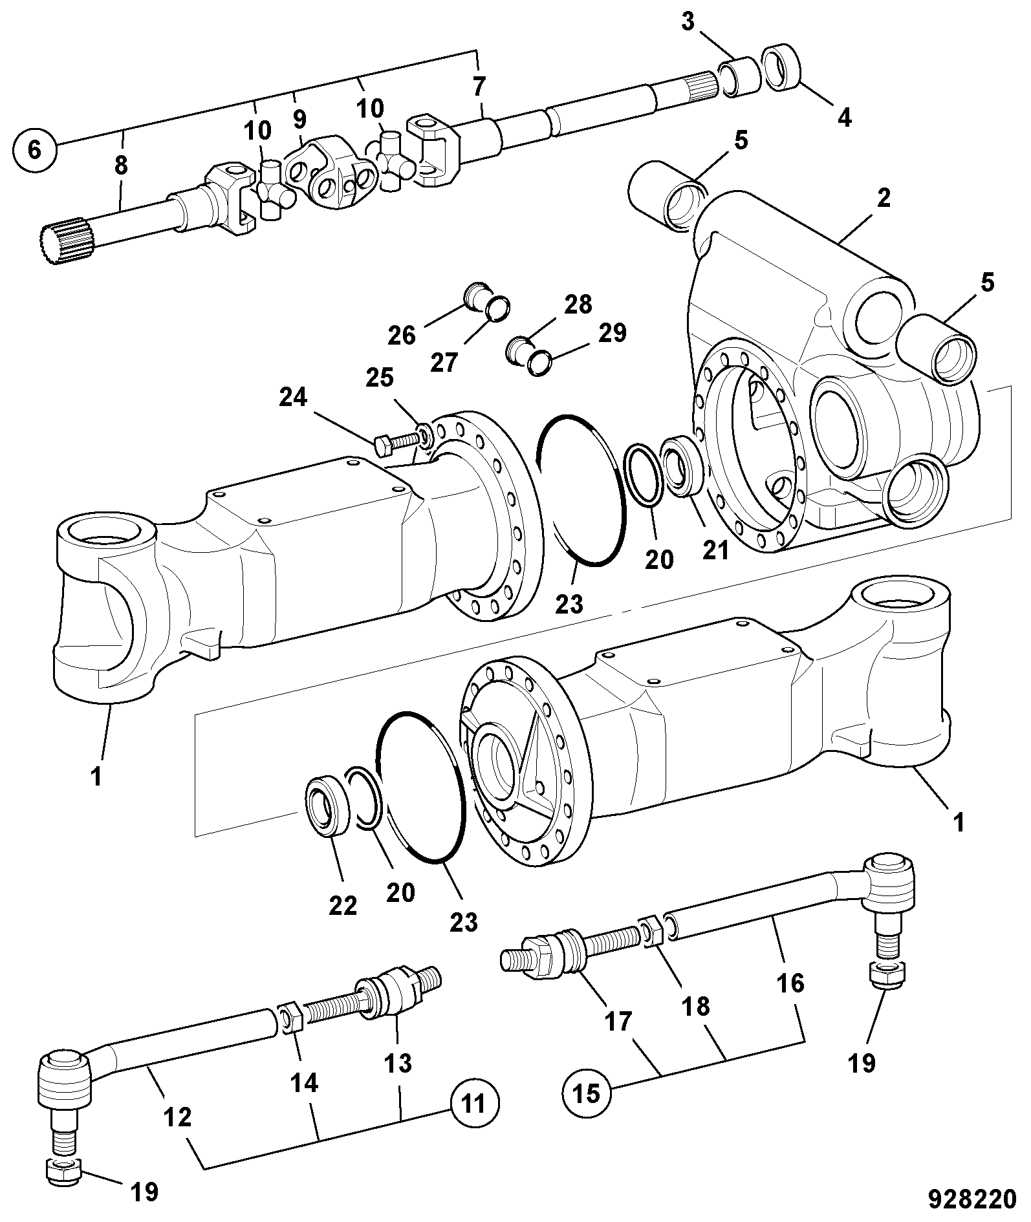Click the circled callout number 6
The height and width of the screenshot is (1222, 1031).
click(x=35, y=150)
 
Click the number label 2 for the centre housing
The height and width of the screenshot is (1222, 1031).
click(x=883, y=198)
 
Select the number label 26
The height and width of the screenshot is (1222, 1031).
click(x=402, y=336)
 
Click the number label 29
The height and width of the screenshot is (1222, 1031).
click(x=613, y=332)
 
